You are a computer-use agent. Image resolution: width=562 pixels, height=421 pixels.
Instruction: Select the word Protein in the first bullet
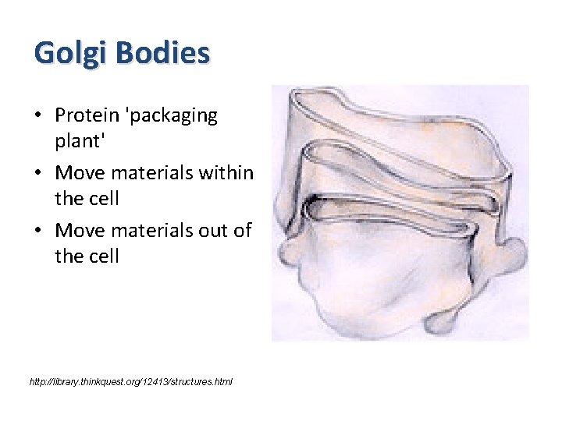pos(88,115)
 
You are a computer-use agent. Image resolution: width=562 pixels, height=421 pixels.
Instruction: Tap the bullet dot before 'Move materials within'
pos(38,173)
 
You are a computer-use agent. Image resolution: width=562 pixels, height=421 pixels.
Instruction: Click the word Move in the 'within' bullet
pos(77,172)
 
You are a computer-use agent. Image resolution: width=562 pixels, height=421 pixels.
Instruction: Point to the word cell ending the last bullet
pos(104,256)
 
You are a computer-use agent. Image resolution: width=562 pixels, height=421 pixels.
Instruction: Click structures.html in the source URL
pos(204,381)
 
